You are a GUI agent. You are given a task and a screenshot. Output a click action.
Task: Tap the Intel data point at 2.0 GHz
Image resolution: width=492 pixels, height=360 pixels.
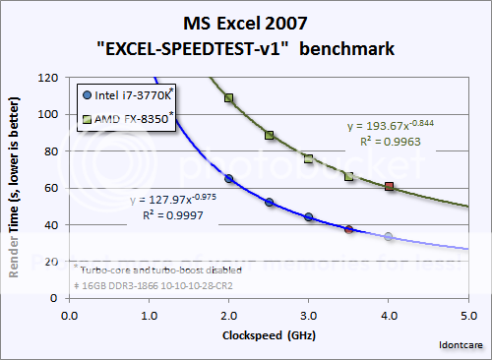coord(228,179)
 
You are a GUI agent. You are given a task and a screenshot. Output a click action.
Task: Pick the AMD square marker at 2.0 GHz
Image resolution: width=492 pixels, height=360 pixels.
coord(228,98)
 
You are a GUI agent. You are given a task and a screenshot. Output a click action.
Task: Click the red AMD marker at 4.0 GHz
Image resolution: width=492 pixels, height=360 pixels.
coord(390,186)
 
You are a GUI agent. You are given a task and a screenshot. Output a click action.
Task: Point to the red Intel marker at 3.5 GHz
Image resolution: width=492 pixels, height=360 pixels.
coord(349,229)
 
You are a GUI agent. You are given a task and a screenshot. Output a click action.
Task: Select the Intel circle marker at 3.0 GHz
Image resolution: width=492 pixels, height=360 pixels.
coord(309,216)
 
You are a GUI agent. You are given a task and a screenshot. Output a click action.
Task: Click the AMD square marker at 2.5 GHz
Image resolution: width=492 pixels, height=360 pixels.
coord(269,135)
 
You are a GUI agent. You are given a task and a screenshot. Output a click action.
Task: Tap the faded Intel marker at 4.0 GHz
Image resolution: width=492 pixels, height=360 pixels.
coord(390,237)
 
